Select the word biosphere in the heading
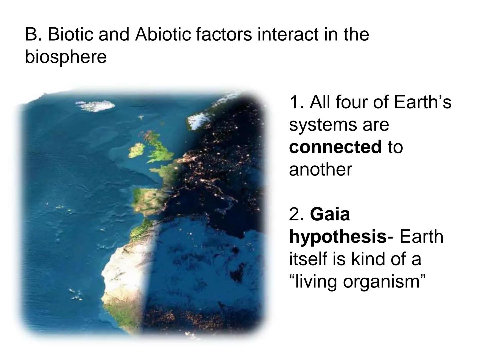pyautogui.click(x=66, y=57)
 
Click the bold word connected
pyautogui.click(x=335, y=147)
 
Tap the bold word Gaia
pyautogui.click(x=330, y=214)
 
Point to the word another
pyautogui.click(x=320, y=169)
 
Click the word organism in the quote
pyautogui.click(x=383, y=281)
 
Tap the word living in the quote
pyautogui.click(x=316, y=281)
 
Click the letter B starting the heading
pyautogui.click(x=32, y=34)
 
